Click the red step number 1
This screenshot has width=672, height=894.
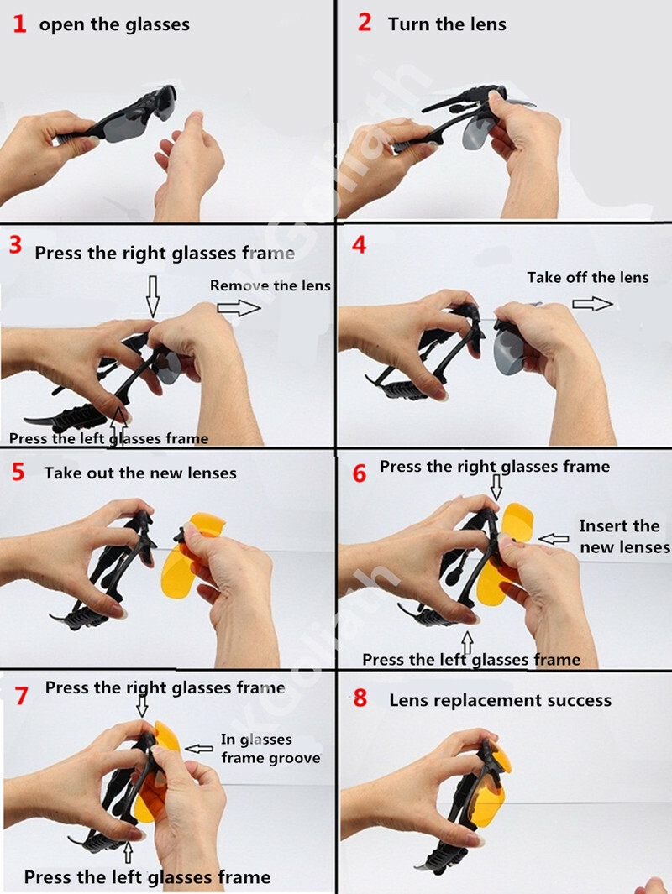19,24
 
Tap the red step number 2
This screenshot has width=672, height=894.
365,22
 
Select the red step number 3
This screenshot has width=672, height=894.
15,245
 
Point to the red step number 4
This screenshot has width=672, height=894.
359,245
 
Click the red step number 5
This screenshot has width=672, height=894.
18,472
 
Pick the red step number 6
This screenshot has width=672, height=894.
360,473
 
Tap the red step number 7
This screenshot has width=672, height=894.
21,696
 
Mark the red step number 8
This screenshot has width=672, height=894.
360,698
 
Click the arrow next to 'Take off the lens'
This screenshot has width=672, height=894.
593,303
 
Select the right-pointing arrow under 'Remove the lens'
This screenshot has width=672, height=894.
239,308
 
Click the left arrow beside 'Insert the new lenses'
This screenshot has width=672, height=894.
554,538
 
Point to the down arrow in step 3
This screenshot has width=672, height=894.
152,296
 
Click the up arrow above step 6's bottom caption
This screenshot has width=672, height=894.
468,642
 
